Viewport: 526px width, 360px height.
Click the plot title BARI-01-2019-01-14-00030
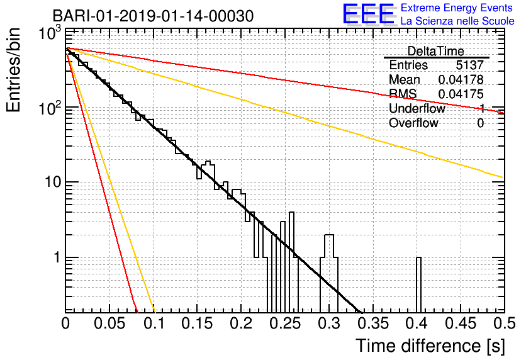pyautogui.click(x=153, y=16)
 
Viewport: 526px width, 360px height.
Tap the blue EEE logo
pyautogui.click(x=368, y=14)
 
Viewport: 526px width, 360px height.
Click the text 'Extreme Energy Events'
pyautogui.click(x=457, y=8)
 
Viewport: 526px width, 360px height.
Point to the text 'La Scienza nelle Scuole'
pyautogui.click(x=457, y=21)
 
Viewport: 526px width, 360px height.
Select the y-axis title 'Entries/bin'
pyautogui.click(x=13, y=70)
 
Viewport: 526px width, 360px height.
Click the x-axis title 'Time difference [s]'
pyautogui.click(x=430, y=346)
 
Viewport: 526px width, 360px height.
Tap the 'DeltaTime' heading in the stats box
pyautogui.click(x=435, y=51)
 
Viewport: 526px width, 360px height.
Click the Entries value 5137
pyautogui.click(x=469, y=65)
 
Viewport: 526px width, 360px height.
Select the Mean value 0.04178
pyautogui.click(x=461, y=79)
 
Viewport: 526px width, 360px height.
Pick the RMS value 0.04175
pyautogui.click(x=461, y=94)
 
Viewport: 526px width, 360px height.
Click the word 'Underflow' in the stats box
pyautogui.click(x=417, y=108)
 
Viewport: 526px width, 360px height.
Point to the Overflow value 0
pyautogui.click(x=480, y=123)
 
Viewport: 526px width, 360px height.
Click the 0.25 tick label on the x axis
pyautogui.click(x=285, y=323)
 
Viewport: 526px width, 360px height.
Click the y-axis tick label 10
pyautogui.click(x=53, y=182)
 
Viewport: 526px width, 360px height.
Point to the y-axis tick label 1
pyautogui.click(x=57, y=257)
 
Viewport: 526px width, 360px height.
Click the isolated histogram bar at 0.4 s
pyautogui.click(x=418, y=285)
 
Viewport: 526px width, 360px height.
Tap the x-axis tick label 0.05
pyautogui.click(x=109, y=323)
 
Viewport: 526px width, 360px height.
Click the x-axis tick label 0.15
pyautogui.click(x=198, y=323)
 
